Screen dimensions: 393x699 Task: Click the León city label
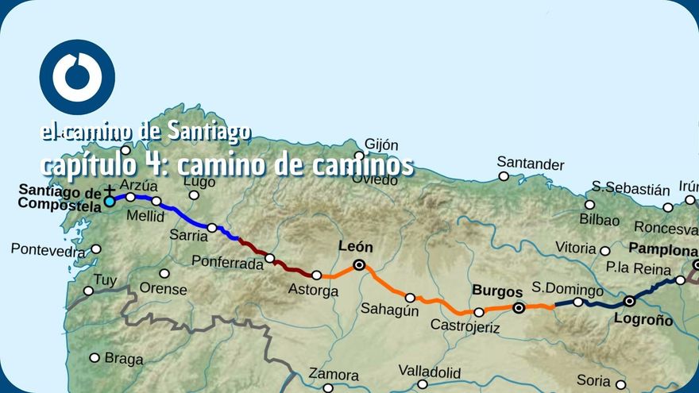click(x=355, y=247)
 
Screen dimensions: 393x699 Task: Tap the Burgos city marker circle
click(x=519, y=307)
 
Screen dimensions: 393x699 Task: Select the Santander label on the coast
click(x=531, y=165)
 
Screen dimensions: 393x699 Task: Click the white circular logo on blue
click(x=77, y=77)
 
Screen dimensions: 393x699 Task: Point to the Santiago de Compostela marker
click(x=109, y=202)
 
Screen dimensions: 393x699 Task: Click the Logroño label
click(x=643, y=320)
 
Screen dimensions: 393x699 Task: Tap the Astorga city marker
click(x=316, y=275)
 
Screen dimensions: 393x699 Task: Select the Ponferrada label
click(x=229, y=263)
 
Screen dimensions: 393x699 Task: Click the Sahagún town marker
click(x=410, y=298)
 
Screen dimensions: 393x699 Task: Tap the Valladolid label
click(x=429, y=372)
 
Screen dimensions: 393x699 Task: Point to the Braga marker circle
click(x=95, y=357)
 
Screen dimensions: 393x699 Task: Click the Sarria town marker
click(x=212, y=228)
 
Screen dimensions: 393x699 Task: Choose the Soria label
click(x=594, y=380)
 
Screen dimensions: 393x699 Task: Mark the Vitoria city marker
click(x=605, y=251)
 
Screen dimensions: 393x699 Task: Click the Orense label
click(x=163, y=289)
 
